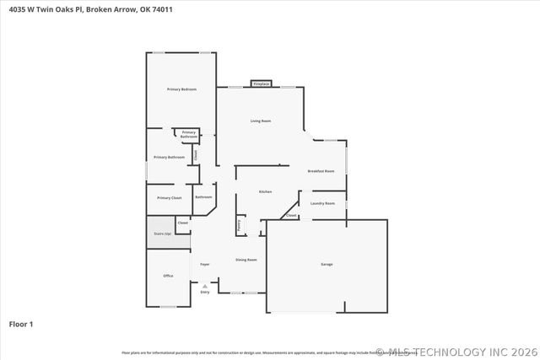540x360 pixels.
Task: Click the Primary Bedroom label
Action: pyautogui.click(x=181, y=89)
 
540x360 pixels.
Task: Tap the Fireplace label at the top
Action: pyautogui.click(x=262, y=84)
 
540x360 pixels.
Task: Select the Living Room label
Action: pyautogui.click(x=261, y=121)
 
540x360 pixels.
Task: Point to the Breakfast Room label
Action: pyautogui.click(x=321, y=171)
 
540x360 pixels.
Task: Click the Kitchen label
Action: pyautogui.click(x=265, y=191)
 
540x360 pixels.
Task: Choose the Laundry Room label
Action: pyautogui.click(x=323, y=203)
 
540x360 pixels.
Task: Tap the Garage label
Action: pyautogui.click(x=327, y=265)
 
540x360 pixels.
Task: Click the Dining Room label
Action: pyautogui.click(x=246, y=260)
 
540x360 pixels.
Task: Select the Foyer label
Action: pyautogui.click(x=205, y=265)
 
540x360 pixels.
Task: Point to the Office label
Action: pyautogui.click(x=168, y=276)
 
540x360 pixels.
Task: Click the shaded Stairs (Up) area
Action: pyautogui.click(x=163, y=233)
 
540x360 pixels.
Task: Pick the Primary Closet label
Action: pyautogui.click(x=170, y=197)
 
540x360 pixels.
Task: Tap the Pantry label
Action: pyautogui.click(x=240, y=225)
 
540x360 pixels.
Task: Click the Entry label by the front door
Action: pyautogui.click(x=205, y=292)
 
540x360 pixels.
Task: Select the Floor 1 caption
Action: pyautogui.click(x=21, y=324)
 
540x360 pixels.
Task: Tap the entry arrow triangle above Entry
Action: pyautogui.click(x=205, y=286)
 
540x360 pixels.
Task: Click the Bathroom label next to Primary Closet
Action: pyautogui.click(x=204, y=197)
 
